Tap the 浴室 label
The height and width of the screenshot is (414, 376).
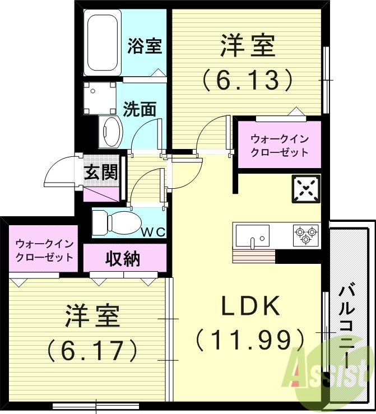[x=145, y=46]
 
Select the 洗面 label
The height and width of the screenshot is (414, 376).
[x=140, y=109]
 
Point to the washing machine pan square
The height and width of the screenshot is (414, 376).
[x=100, y=97]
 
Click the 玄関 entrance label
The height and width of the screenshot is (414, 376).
[x=101, y=173]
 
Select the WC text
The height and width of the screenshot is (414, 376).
[x=152, y=232]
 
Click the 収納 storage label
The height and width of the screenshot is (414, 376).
[x=123, y=258]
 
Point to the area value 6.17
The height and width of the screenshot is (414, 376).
[x=92, y=351]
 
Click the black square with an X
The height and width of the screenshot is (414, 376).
[x=305, y=189]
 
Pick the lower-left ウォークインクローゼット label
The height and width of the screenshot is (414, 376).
[x=44, y=250]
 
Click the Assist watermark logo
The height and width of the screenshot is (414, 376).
[x=328, y=373]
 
